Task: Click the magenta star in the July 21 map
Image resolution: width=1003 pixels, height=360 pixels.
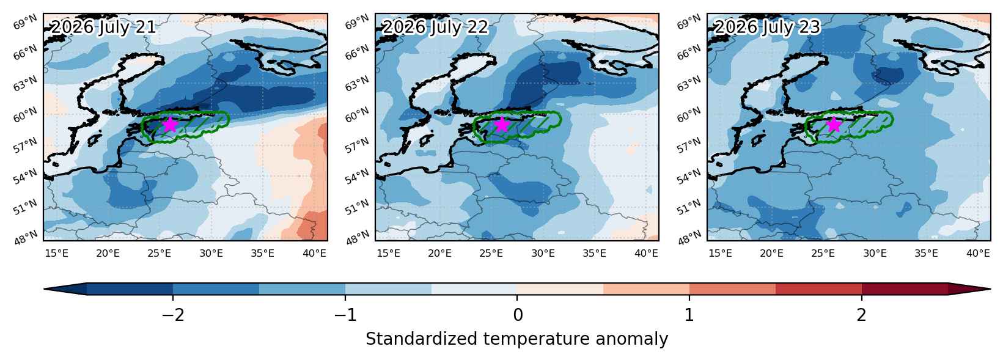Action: point(170,124)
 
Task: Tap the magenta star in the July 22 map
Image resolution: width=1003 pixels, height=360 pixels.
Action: point(502,124)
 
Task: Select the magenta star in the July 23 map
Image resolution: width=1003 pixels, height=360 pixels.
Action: point(834,124)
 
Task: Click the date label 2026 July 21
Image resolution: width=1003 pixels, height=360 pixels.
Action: point(103,28)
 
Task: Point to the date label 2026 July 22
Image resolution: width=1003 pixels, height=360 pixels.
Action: point(435,28)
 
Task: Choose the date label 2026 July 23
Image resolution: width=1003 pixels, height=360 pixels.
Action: point(766,28)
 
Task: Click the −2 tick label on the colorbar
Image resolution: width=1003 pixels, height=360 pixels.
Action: point(173,315)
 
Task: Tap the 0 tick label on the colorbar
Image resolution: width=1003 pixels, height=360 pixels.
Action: point(517,315)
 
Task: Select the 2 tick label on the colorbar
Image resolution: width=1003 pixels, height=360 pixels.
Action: point(862,315)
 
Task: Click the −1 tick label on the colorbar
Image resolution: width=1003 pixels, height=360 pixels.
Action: point(345,315)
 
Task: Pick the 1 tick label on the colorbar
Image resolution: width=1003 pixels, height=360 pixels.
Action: point(689,315)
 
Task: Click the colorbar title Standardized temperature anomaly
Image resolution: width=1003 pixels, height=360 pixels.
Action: point(516,339)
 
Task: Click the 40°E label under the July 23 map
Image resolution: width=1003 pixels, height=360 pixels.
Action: point(978,254)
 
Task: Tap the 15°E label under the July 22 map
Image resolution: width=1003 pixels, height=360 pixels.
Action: point(388,254)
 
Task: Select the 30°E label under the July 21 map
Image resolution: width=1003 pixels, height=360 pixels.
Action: point(211,254)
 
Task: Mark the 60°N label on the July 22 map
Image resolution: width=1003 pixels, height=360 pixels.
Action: point(358,115)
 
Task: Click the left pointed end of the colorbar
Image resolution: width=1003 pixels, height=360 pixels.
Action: point(44,289)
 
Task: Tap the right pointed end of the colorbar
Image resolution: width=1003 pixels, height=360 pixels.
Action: point(990,289)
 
